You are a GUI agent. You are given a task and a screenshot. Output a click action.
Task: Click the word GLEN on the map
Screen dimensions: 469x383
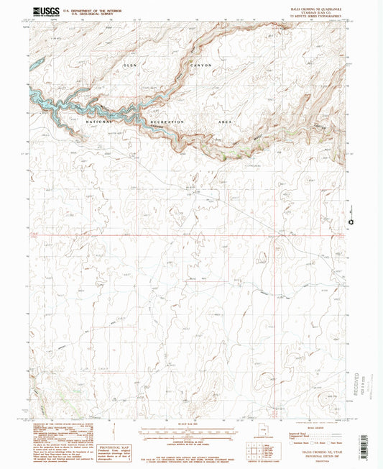(129, 66)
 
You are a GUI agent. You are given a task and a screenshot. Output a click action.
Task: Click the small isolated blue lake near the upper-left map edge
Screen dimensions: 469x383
(37, 63)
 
